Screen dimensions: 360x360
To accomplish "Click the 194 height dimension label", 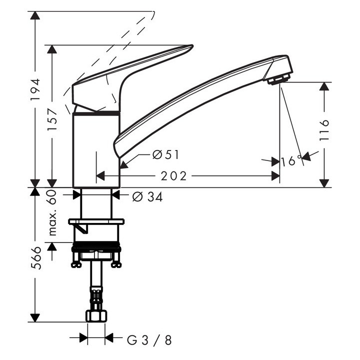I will (35, 89).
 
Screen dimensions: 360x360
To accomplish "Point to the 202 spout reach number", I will (173, 176).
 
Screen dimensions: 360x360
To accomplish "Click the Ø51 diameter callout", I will (165, 155).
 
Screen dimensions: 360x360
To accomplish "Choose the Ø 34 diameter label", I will (147, 197).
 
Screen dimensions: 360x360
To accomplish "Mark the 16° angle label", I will (291, 161).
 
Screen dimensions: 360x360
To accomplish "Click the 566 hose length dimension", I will (35, 258).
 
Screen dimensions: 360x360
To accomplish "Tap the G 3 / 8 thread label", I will (149, 340).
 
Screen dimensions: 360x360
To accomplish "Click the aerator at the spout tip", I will (278, 79).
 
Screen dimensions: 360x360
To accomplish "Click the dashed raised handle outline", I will (125, 40).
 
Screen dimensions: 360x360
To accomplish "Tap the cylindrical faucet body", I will (96, 150).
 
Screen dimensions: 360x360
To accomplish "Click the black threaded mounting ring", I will (96, 247).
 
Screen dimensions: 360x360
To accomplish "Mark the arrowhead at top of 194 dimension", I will (35, 15).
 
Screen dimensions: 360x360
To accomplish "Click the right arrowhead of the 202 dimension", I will (275, 176).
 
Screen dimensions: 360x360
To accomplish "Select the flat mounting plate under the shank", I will (96, 221).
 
